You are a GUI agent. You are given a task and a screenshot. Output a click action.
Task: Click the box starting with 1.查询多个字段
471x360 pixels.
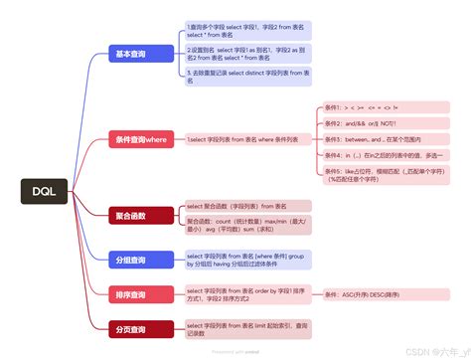click(x=247, y=31)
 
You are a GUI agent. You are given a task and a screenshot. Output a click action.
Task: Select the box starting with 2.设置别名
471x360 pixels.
click(x=247, y=54)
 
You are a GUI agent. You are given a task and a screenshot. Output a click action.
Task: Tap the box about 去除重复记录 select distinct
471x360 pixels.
click(x=247, y=75)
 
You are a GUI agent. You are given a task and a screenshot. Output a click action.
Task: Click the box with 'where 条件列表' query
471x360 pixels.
click(x=244, y=141)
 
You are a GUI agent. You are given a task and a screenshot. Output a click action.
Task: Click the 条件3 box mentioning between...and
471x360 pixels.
click(x=379, y=140)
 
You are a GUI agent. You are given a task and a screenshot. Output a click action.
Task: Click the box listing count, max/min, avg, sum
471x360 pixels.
click(x=247, y=224)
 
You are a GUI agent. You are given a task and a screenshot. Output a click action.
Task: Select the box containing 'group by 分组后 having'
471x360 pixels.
click(x=247, y=261)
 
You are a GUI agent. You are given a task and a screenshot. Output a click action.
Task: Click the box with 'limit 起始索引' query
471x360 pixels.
click(x=247, y=329)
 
